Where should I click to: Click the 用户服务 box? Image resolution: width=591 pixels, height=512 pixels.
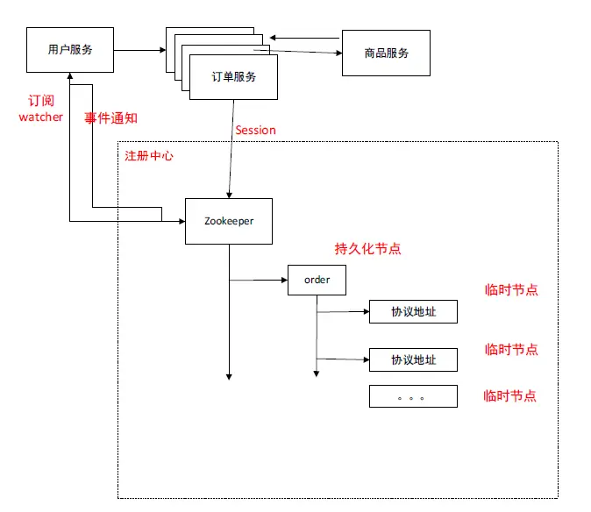tap(70, 50)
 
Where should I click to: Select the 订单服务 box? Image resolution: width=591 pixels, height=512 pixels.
tap(233, 76)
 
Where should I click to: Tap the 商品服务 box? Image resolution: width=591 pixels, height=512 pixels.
tap(386, 53)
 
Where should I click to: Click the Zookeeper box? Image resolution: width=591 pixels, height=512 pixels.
tap(228, 221)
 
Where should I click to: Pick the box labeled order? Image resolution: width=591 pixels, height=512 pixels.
tap(317, 280)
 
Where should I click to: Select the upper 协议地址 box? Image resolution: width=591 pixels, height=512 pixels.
tap(413, 311)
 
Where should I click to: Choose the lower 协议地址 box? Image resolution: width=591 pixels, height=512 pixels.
tap(413, 359)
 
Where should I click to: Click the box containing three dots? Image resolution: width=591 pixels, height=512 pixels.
tap(413, 396)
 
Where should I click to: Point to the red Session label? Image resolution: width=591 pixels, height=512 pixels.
tap(255, 130)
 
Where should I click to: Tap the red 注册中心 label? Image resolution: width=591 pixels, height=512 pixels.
tap(149, 155)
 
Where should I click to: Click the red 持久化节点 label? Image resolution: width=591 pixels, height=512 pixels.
tap(368, 248)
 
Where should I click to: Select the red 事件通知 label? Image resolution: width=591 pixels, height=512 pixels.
tap(110, 117)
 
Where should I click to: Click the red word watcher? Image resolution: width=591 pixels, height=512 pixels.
tap(41, 117)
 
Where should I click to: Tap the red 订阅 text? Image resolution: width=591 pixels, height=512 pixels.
tap(41, 101)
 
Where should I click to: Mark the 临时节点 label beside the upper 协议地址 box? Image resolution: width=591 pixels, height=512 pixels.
tap(511, 290)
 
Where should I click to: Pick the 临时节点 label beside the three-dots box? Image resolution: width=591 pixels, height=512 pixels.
tap(509, 395)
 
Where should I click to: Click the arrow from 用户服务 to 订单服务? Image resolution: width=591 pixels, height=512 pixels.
tap(140, 50)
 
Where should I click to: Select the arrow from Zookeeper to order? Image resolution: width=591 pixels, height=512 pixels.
tap(259, 281)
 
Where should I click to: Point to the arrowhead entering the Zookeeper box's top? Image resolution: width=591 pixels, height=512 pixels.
tap(229, 194)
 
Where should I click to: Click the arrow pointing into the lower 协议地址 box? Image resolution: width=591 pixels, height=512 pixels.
tap(342, 359)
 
